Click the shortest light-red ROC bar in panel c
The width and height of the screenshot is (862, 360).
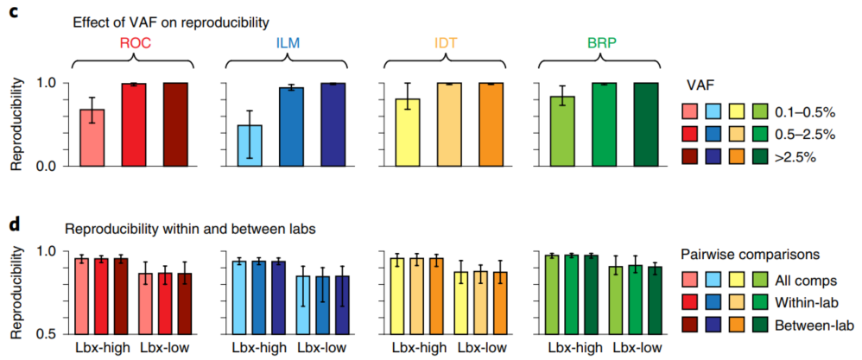(92, 137)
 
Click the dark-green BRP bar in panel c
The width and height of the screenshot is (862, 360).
(645, 124)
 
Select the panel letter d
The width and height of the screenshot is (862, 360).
(14, 226)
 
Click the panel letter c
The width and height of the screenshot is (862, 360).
(14, 16)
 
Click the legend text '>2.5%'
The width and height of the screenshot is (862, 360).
(795, 159)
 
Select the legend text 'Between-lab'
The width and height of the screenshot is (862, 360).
(815, 326)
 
